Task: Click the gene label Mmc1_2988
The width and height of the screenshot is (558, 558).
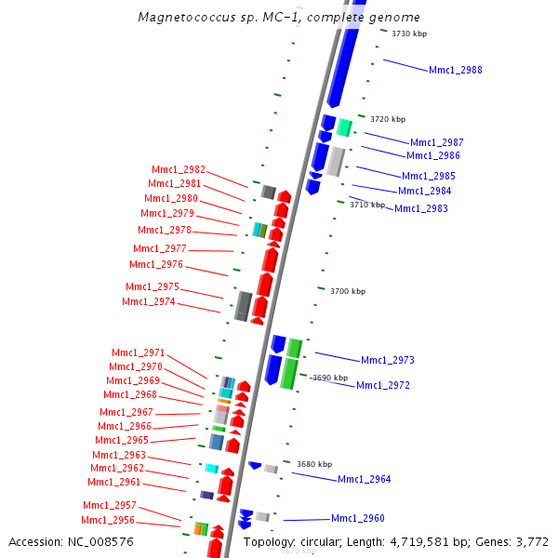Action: pos(455,71)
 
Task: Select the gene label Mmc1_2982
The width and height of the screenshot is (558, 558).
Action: pos(179,169)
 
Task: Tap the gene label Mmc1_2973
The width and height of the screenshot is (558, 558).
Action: pos(387,360)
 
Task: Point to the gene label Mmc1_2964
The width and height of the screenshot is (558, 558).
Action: pos(364,480)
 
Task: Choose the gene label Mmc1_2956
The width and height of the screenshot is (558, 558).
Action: pos(108,521)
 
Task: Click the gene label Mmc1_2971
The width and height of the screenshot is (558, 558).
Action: pos(138,353)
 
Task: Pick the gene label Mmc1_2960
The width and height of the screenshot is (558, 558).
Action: pos(357,519)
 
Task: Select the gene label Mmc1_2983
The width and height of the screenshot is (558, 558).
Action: pos(420,209)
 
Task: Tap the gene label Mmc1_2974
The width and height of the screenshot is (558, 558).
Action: pos(149,302)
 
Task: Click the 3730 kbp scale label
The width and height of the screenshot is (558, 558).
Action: pos(409,33)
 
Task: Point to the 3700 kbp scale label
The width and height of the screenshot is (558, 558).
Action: pos(348,292)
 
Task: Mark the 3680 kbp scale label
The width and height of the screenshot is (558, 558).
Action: pos(314,464)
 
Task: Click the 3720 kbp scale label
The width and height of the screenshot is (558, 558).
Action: pos(388,119)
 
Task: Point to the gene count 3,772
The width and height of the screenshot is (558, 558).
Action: pos(531,541)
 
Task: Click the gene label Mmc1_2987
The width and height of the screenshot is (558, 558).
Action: pos(436,142)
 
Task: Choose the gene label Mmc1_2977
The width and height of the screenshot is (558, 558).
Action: pos(160,249)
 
